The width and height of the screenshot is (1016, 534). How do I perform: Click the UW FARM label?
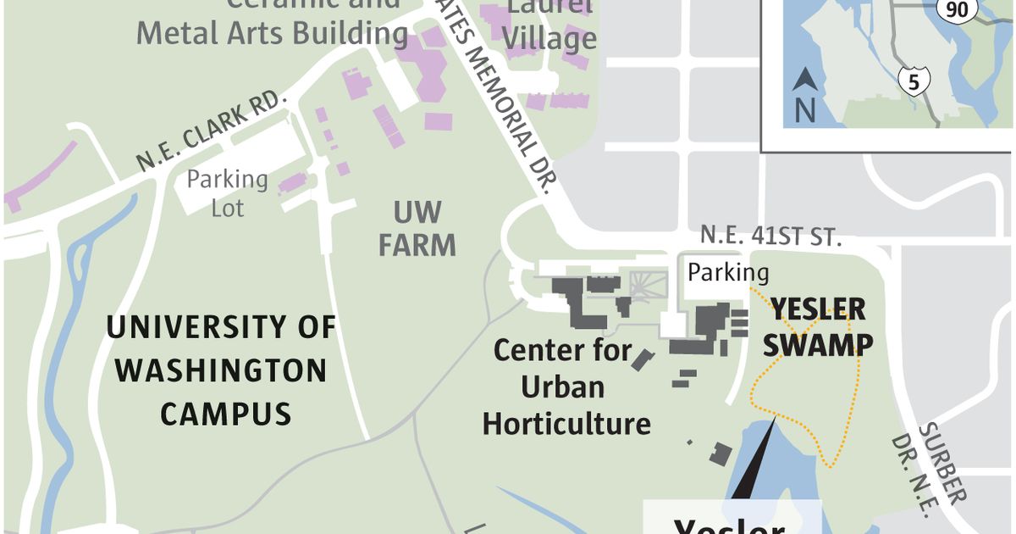[417, 228]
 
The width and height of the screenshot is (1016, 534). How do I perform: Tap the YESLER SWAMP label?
[819, 326]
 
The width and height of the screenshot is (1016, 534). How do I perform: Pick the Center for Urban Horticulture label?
[566, 386]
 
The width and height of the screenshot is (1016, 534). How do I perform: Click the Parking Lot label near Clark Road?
[227, 192]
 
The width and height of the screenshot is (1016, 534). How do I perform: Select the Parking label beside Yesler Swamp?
[728, 272]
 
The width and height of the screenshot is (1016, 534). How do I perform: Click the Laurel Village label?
[552, 25]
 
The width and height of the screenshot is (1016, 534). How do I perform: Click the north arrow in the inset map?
[804, 82]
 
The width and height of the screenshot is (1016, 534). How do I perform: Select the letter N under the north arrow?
[804, 110]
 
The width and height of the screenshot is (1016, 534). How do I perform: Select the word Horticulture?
[566, 423]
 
